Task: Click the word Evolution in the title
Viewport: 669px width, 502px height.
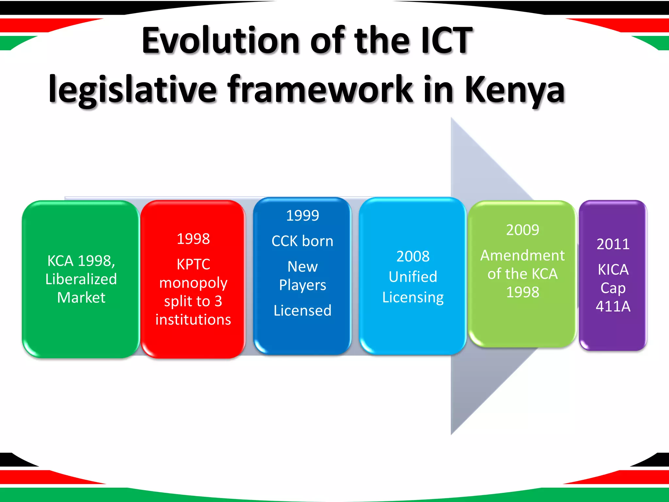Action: (x=220, y=41)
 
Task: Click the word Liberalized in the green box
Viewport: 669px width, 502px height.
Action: (x=81, y=279)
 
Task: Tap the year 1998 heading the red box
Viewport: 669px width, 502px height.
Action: (x=193, y=239)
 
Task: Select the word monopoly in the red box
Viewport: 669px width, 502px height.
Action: (x=193, y=283)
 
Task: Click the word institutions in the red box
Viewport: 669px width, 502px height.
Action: (x=193, y=320)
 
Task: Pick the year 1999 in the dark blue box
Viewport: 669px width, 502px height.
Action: (x=302, y=216)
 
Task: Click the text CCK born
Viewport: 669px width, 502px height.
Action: (x=302, y=241)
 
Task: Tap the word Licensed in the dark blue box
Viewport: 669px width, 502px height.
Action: (x=302, y=310)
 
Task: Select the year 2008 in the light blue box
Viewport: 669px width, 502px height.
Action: (x=413, y=257)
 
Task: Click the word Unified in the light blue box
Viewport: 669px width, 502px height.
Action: (x=413, y=277)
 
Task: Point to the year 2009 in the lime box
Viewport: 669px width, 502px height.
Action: (x=523, y=230)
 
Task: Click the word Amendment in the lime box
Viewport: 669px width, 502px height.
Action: (x=523, y=256)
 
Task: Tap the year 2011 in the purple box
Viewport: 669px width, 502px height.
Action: (x=613, y=244)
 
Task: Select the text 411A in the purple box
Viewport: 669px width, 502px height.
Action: (x=613, y=307)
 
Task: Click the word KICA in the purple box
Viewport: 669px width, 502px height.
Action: (x=613, y=270)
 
